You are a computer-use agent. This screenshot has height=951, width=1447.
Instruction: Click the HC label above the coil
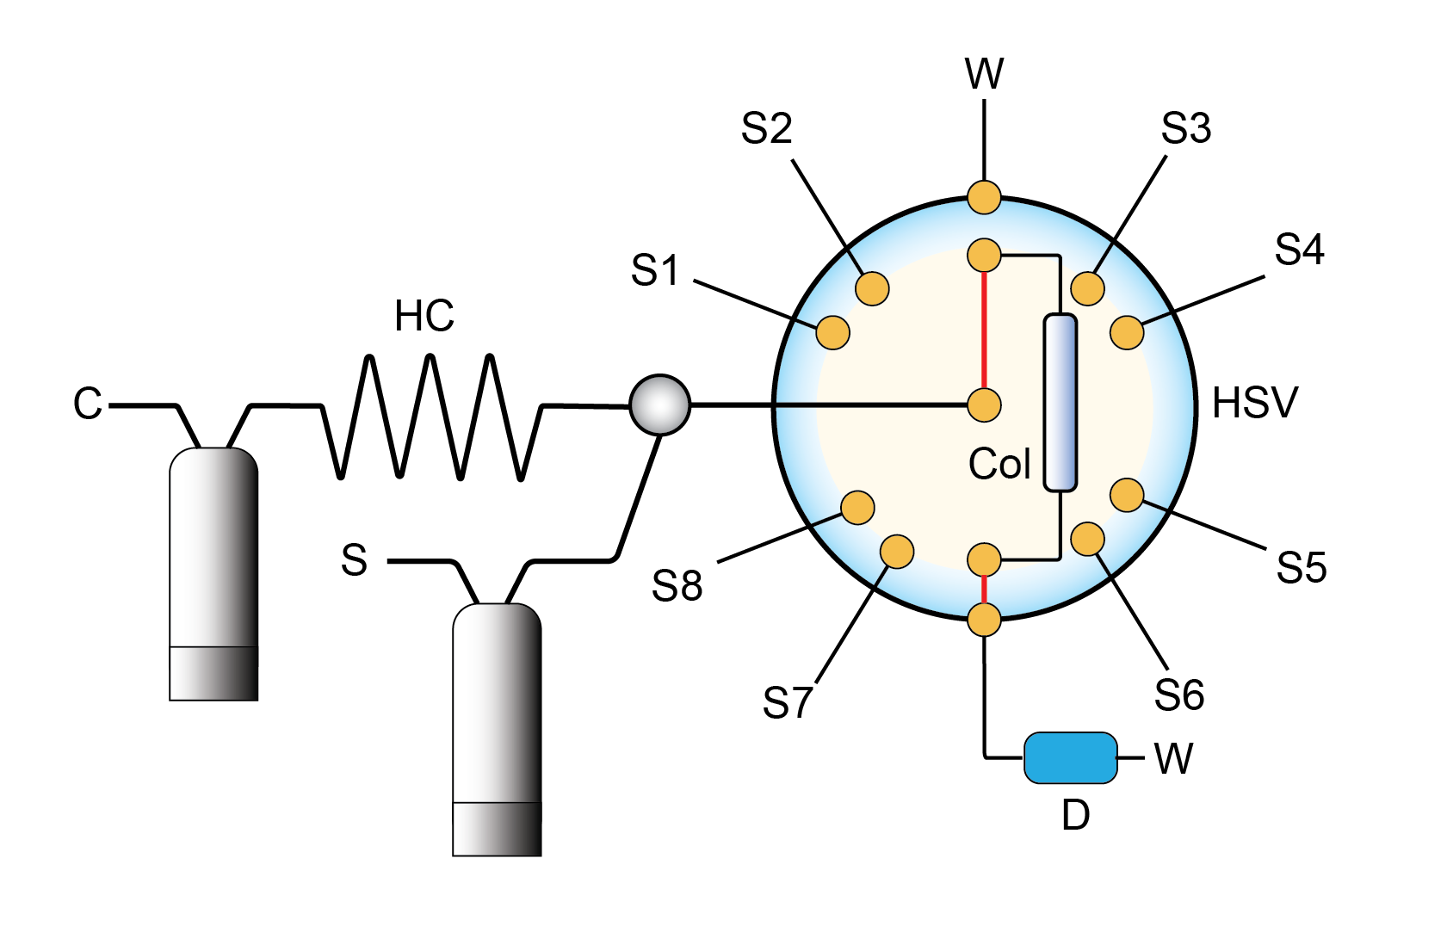(424, 316)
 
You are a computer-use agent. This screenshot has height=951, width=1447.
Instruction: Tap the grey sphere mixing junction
(659, 404)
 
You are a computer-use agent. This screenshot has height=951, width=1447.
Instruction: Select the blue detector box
(1070, 757)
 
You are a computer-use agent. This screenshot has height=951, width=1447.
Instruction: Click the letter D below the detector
(1075, 814)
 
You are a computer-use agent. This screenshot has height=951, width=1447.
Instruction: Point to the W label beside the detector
(1173, 758)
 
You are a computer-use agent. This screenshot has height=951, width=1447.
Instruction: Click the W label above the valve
(984, 74)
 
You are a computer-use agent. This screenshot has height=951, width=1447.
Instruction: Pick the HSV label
(1254, 403)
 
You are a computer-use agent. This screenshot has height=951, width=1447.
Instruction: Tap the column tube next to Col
(1060, 403)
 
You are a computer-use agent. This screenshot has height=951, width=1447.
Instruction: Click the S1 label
(655, 270)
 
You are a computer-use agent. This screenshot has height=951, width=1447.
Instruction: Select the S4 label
(1299, 250)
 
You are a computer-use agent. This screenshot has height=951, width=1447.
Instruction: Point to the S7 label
(787, 702)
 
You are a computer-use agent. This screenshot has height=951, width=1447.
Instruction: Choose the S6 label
(1178, 695)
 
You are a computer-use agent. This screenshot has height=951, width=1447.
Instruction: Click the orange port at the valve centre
(984, 404)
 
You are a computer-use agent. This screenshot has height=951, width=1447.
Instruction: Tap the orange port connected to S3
(1087, 288)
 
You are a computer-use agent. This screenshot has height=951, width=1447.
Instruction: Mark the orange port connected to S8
(857, 508)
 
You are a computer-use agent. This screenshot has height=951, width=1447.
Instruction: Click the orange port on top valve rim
(984, 196)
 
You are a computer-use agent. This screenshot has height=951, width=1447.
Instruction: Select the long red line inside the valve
(984, 330)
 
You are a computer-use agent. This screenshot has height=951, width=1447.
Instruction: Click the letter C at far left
(88, 403)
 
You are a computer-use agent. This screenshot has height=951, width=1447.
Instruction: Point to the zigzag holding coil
(430, 417)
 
